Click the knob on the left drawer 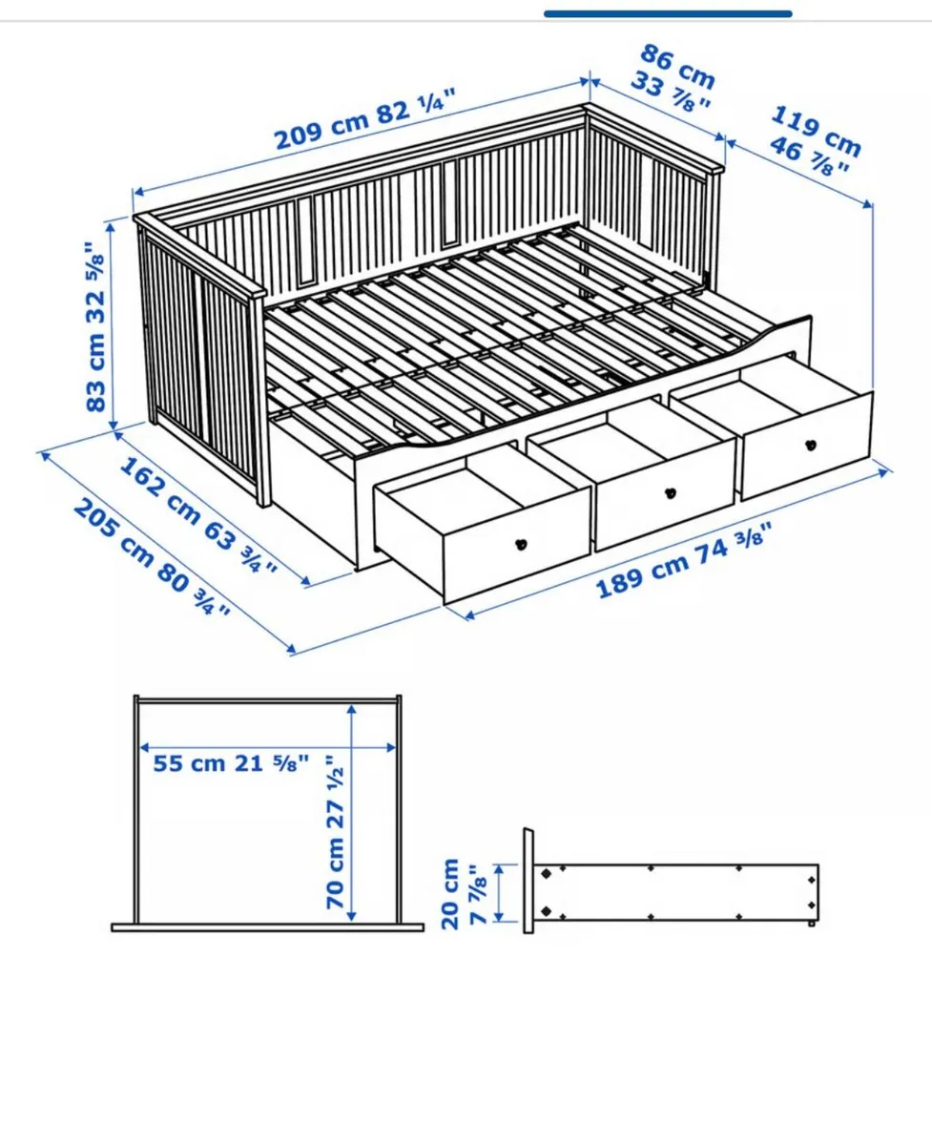(x=521, y=544)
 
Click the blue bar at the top (x=668, y=14)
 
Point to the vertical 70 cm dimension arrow (x=354, y=811)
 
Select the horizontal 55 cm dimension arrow (x=268, y=747)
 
